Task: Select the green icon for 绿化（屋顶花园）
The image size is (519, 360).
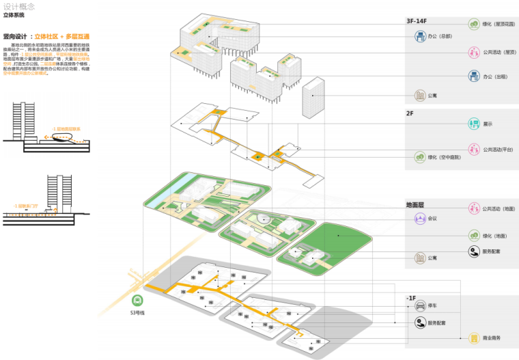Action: [x=474, y=25]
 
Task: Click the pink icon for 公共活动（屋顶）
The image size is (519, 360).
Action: [x=474, y=51]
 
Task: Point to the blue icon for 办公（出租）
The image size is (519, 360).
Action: [x=474, y=76]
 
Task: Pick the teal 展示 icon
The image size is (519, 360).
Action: [x=474, y=124]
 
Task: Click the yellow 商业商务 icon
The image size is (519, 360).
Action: [x=474, y=338]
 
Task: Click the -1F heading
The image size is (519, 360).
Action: [x=412, y=298]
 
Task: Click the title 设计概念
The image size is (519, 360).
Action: [x=16, y=5]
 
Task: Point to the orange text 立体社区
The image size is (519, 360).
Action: [x=56, y=36]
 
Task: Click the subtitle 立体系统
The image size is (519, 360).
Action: [x=13, y=14]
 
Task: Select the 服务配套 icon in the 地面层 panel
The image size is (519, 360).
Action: [x=474, y=252]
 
